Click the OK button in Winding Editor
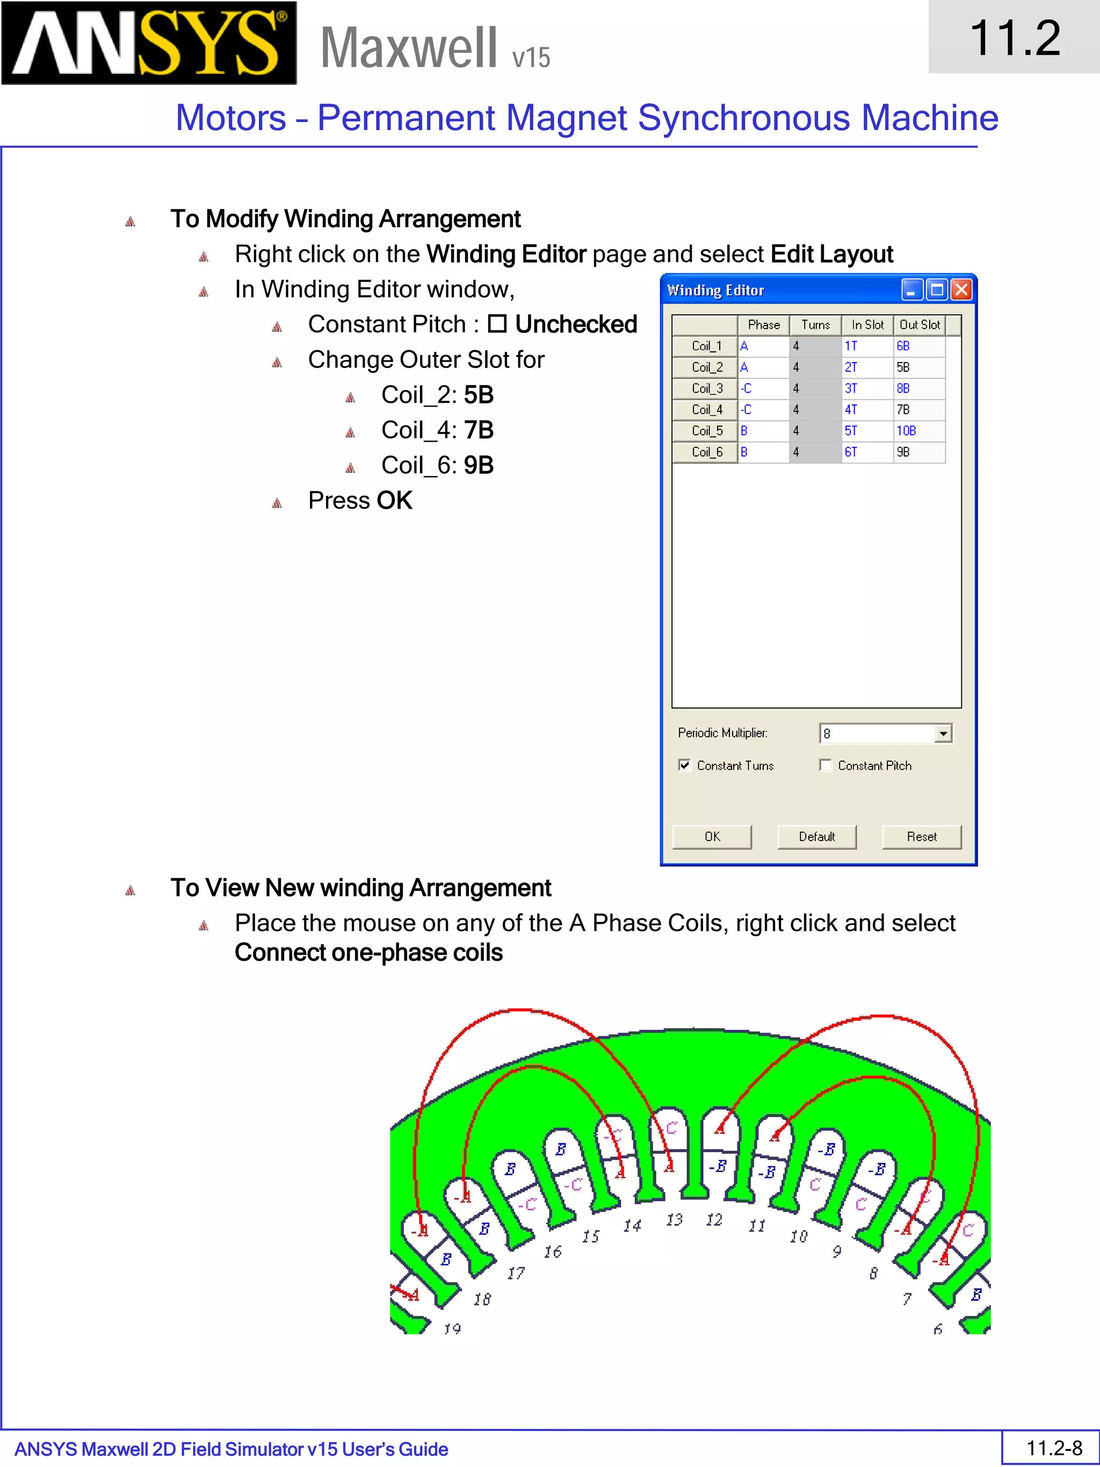(x=712, y=836)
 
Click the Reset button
(x=921, y=836)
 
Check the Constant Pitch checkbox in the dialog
(x=826, y=765)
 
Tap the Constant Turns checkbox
(x=684, y=765)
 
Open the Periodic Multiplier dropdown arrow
(x=943, y=734)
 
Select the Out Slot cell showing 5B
(x=918, y=367)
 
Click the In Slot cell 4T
(x=866, y=410)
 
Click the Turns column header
(x=815, y=325)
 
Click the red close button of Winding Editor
(x=961, y=290)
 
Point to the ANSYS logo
(x=149, y=43)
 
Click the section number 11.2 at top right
(x=1014, y=38)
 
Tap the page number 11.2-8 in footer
(x=1054, y=1448)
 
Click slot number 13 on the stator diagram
(x=674, y=1219)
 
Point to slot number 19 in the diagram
(x=452, y=1328)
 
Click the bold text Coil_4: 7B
(x=437, y=430)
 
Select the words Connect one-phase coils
(x=368, y=952)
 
